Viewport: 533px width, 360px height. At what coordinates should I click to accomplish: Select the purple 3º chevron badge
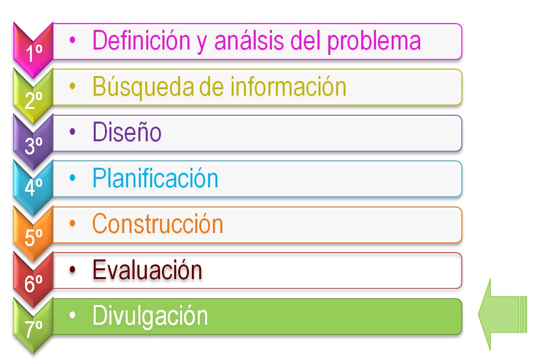33,142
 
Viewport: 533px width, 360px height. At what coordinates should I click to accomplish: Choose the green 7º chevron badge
33,326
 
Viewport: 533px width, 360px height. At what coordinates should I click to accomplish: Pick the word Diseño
127,132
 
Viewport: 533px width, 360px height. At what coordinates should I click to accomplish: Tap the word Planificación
155,178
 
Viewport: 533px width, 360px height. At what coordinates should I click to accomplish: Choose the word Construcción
158,224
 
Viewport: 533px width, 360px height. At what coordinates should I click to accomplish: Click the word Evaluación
147,270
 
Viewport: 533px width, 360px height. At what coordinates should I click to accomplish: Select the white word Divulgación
150,316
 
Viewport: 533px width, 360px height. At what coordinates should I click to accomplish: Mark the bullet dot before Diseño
73,132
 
